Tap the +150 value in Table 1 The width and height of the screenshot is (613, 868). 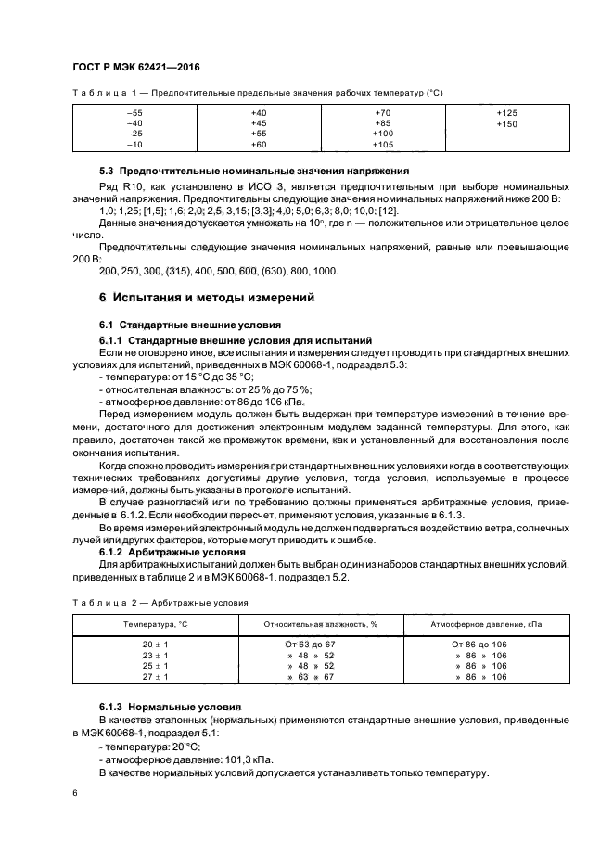tap(506, 123)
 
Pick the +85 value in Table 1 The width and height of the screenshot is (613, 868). tap(382, 123)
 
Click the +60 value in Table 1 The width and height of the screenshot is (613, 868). tap(259, 146)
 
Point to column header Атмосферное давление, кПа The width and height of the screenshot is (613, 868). tap(486, 624)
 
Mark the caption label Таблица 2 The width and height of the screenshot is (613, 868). tap(104, 602)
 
